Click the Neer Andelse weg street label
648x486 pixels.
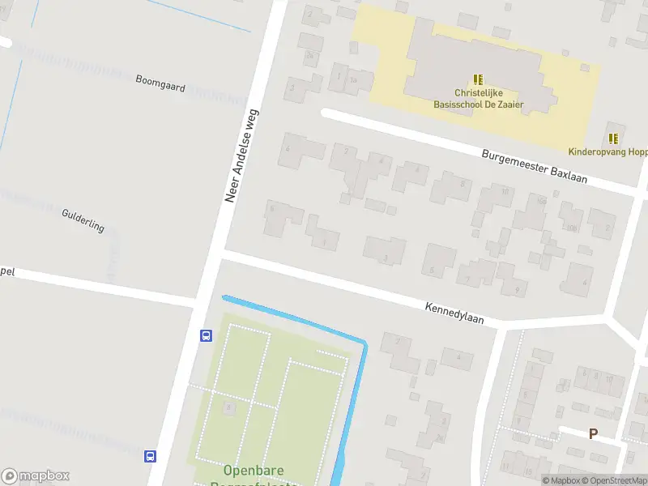[241, 156]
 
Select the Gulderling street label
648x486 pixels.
[83, 220]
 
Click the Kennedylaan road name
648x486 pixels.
[454, 313]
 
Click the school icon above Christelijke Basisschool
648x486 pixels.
[479, 79]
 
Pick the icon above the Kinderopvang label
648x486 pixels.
[613, 138]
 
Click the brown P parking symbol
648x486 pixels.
[593, 434]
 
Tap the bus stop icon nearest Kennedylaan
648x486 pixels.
[206, 335]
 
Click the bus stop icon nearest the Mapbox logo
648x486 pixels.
[150, 456]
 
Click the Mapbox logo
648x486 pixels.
[36, 476]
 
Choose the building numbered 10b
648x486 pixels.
[572, 228]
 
